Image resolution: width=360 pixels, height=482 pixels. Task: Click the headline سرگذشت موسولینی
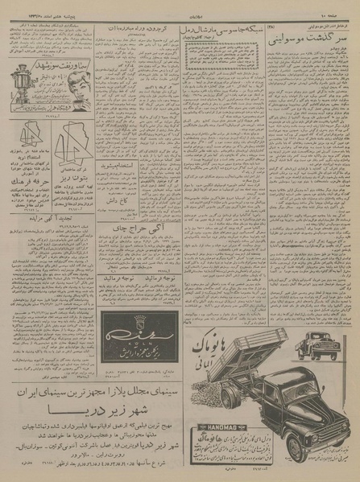pyautogui.click(x=312, y=39)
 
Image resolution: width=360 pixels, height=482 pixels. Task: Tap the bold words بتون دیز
pyautogui.click(x=25, y=171)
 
